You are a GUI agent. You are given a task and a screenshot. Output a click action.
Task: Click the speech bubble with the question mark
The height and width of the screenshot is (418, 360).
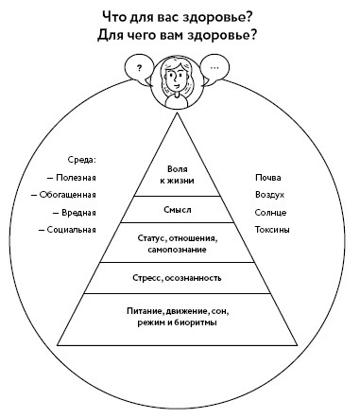139,69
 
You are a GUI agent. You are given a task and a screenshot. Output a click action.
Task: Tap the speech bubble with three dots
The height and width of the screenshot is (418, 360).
215,69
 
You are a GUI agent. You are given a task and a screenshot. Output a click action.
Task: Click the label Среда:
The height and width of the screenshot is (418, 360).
84,160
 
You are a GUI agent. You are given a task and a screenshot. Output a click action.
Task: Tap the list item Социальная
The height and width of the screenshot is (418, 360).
69,230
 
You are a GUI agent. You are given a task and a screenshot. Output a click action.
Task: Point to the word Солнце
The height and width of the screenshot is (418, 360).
270,212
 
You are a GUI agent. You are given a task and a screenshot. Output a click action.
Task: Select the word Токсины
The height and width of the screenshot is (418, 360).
272,230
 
